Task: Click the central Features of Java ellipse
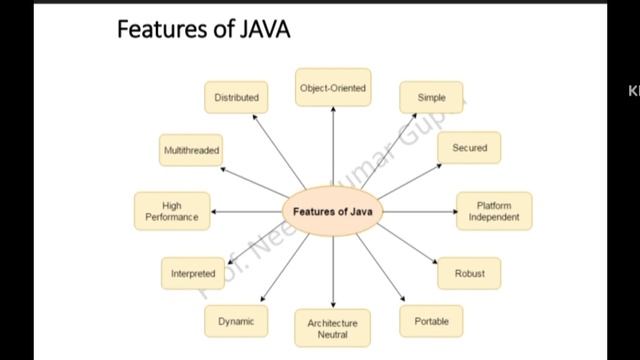[333, 212]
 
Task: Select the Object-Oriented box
[333, 88]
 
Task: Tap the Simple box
[431, 98]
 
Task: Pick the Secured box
[469, 148]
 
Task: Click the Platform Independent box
[494, 211]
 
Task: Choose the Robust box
[469, 273]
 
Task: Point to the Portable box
[431, 321]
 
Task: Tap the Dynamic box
[236, 321]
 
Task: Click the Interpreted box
[193, 273]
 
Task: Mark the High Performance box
[172, 211]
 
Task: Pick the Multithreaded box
[191, 150]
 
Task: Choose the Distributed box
[236, 98]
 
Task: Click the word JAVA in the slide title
[263, 29]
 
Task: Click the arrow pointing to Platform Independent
[420, 212]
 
